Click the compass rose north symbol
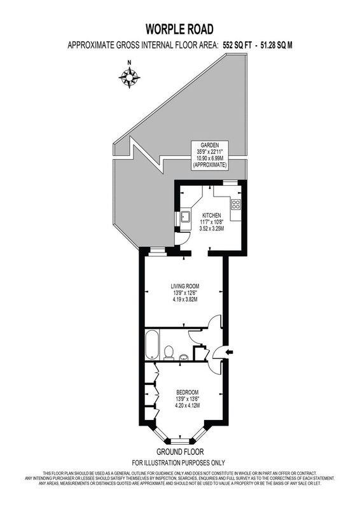click(130, 76)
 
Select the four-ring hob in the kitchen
click(235, 204)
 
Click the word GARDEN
click(210, 144)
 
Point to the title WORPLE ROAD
click(179, 29)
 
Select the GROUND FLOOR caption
click(179, 451)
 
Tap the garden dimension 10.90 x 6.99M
click(210, 158)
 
